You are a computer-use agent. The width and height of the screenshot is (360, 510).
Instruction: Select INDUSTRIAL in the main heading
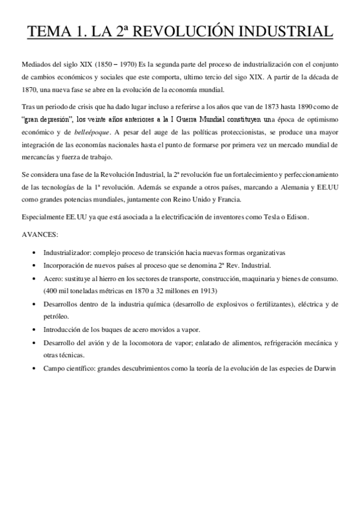pos(282,31)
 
